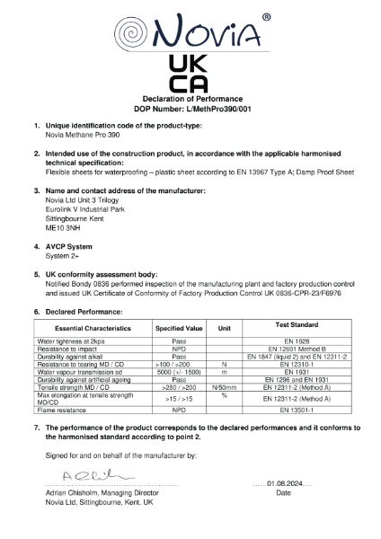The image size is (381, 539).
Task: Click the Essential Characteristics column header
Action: pos(93,329)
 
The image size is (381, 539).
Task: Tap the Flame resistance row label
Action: pos(63,408)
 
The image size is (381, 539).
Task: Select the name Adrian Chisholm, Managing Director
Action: pos(102,493)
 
